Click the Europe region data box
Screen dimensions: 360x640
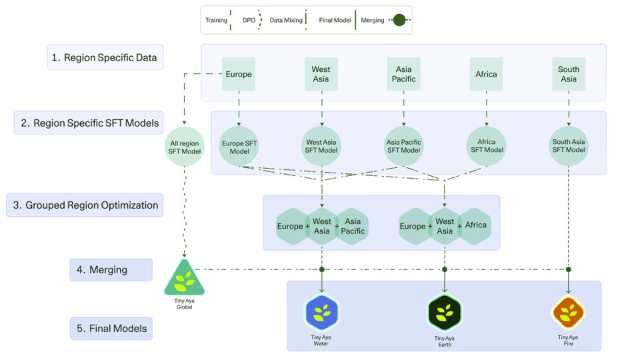(x=239, y=74)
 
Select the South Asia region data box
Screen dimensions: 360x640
(x=569, y=74)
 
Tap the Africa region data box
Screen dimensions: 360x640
(x=486, y=74)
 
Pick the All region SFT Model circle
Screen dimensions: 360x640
(x=184, y=146)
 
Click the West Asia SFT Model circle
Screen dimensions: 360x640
(x=321, y=146)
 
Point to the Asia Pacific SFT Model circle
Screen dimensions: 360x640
(x=403, y=146)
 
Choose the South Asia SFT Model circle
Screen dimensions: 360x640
(x=569, y=146)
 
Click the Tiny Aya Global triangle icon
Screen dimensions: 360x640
(x=184, y=279)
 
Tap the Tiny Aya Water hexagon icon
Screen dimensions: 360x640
(x=322, y=313)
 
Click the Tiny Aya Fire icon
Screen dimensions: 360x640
(x=568, y=313)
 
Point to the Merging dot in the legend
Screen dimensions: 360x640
(x=399, y=20)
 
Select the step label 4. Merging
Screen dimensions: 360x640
(x=111, y=270)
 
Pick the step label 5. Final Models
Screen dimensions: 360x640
(x=111, y=328)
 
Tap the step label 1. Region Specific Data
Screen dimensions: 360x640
(x=105, y=57)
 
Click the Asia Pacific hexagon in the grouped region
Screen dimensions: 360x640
(x=353, y=227)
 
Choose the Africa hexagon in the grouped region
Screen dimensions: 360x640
(x=475, y=225)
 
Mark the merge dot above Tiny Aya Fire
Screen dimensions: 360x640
(x=569, y=269)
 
